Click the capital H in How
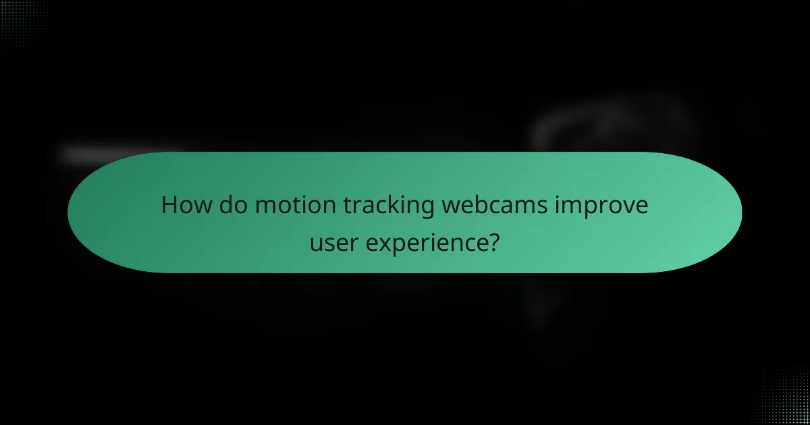pos(169,206)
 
